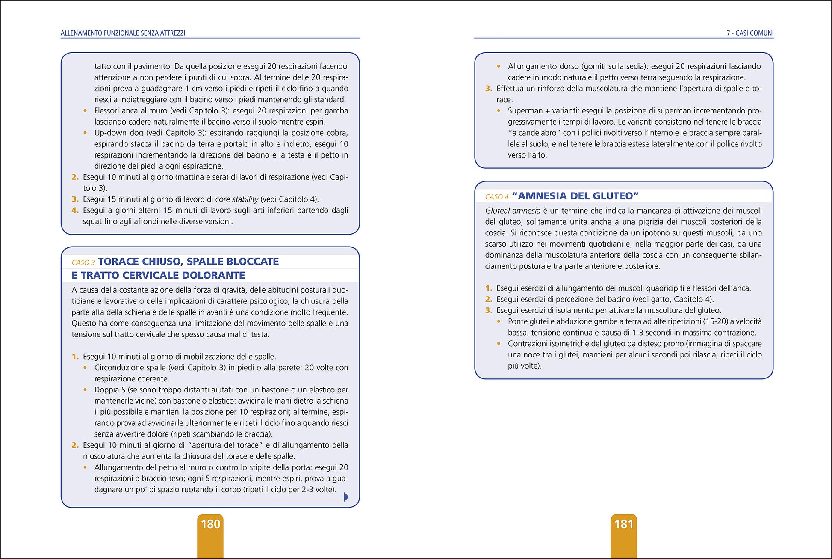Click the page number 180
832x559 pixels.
click(x=210, y=524)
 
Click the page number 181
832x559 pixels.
click(x=624, y=524)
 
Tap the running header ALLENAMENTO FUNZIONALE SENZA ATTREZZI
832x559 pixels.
click(x=123, y=33)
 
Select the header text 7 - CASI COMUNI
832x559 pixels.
click(x=750, y=33)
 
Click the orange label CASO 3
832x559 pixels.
click(x=83, y=262)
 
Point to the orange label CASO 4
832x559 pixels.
click(x=497, y=197)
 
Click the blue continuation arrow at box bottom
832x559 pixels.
click(x=346, y=497)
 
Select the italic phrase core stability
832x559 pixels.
click(x=236, y=199)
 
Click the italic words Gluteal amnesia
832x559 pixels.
click(x=513, y=211)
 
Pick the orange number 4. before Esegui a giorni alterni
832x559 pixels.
click(x=75, y=210)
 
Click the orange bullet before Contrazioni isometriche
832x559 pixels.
click(x=499, y=343)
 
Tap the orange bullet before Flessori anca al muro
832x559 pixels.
click(x=85, y=110)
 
